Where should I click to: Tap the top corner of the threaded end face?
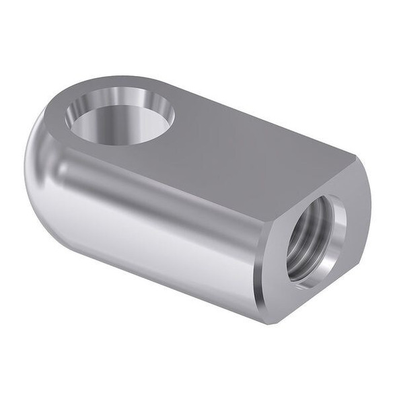tap(355, 156)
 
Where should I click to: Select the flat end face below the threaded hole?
tap(303, 296)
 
